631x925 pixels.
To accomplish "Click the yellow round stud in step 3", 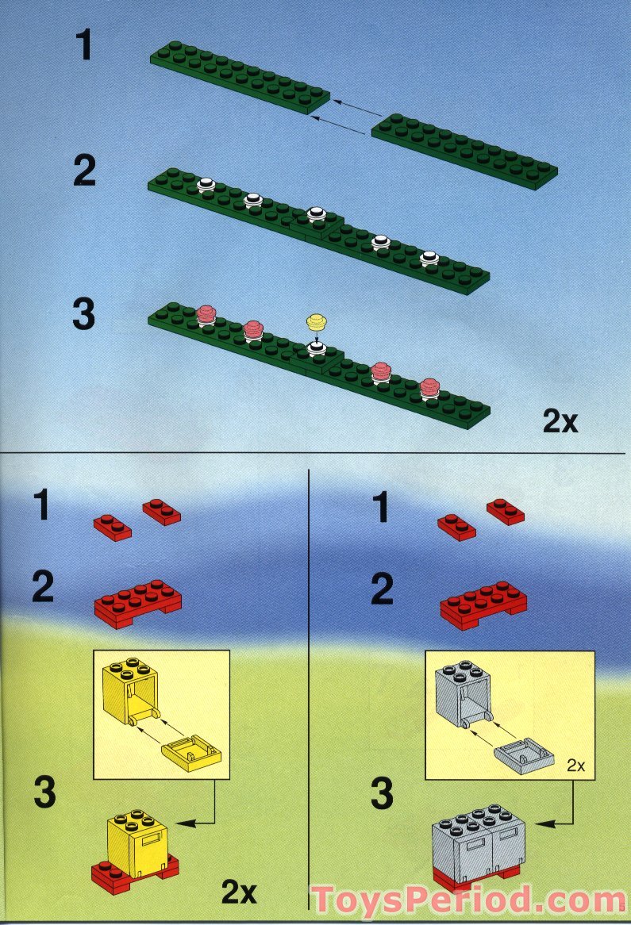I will click(317, 321).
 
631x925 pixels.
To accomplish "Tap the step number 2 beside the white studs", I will click(83, 171).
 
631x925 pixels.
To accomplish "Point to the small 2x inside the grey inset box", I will click(575, 766).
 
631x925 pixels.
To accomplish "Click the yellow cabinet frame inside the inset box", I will click(131, 692).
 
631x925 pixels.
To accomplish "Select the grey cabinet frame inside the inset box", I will click(464, 691).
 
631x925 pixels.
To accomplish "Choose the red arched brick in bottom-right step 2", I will click(483, 604).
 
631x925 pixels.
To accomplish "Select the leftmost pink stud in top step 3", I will click(206, 314).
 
